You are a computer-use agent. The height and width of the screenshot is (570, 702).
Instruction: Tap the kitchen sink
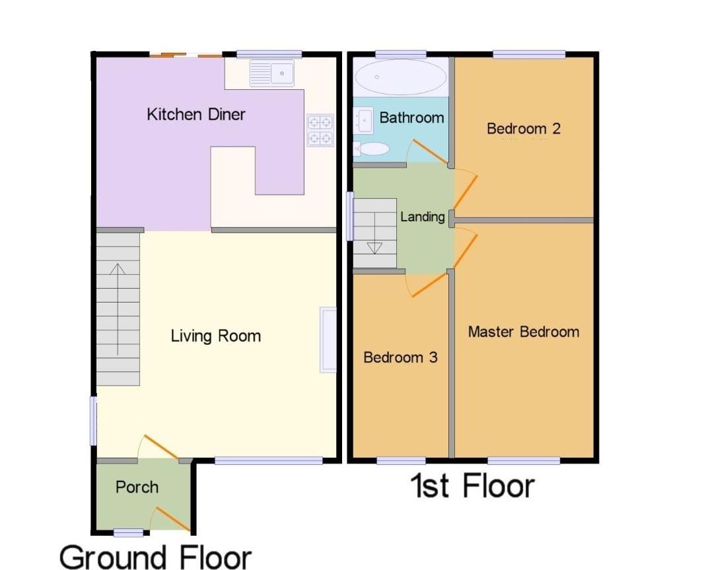pos(272,72)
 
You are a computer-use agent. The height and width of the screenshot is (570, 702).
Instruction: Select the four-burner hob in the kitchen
pos(320,129)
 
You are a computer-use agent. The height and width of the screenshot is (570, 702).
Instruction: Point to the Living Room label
pos(215,336)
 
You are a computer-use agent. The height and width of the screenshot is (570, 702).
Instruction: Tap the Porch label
pos(137,487)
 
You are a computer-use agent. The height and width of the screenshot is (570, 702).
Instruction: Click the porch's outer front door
pos(171,519)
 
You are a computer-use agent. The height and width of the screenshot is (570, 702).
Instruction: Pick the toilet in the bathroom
pos(372,149)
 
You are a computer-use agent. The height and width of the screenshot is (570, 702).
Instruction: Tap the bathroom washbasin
pos(363,121)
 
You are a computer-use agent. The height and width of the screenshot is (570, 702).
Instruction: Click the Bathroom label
pos(411,118)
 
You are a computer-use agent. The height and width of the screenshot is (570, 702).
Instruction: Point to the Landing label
pos(423,216)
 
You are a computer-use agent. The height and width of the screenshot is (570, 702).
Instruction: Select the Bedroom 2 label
pos(524,128)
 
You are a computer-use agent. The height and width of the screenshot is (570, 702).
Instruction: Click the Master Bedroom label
pos(523,332)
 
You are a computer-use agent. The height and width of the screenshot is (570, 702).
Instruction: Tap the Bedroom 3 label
pos(400,357)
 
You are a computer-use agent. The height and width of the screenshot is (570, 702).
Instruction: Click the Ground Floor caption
pos(155,556)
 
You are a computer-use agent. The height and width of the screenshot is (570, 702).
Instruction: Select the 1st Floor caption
pos(472,485)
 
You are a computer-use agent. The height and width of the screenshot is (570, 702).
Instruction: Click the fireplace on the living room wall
pos(328,339)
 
